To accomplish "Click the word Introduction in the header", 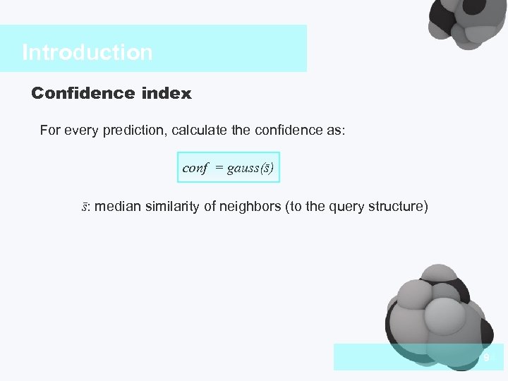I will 87,52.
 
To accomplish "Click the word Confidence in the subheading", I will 72,92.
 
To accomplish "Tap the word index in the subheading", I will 166,92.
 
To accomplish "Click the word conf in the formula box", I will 195,168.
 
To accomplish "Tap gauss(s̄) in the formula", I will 250,168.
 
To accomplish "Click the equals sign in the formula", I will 219,169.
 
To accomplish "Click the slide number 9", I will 486,358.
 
